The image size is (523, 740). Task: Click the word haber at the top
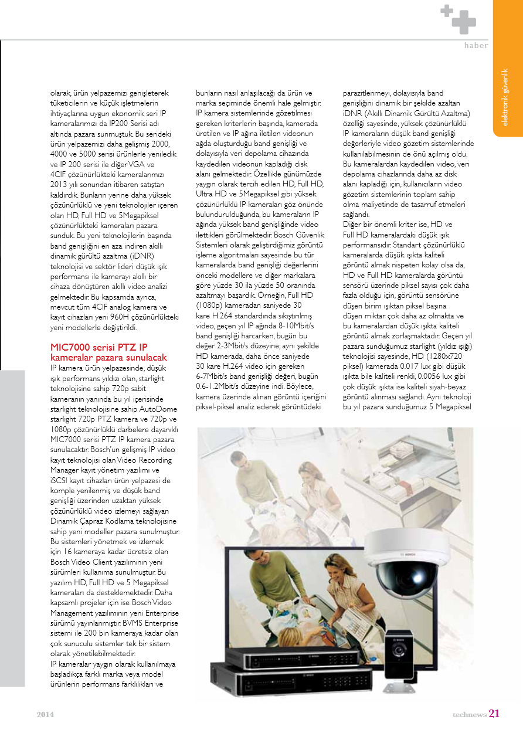[476, 45]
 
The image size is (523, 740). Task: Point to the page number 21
[494, 714]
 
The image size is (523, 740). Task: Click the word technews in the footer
[468, 714]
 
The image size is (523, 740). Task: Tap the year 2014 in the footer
[46, 715]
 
